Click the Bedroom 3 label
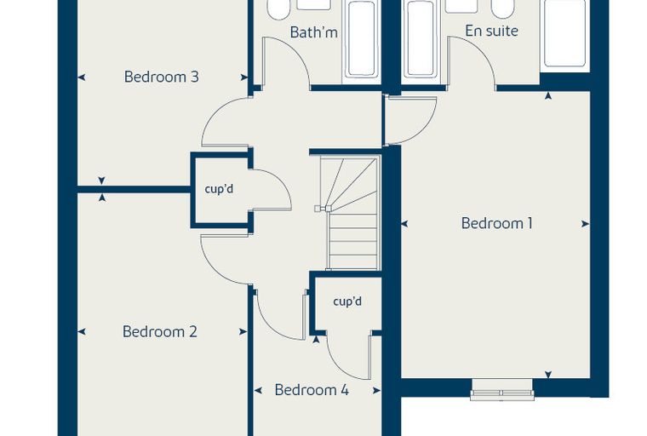point(162,77)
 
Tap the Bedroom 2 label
point(160,331)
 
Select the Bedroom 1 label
point(497,223)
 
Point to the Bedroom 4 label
point(312,390)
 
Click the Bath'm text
point(313,32)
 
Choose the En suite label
point(491,31)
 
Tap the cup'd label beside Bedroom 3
point(219,189)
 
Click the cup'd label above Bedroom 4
point(347,301)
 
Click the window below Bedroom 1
point(502,391)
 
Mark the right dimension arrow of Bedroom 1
point(585,224)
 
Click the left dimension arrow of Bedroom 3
point(82,77)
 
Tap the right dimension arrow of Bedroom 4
point(376,390)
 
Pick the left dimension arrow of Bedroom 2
point(82,331)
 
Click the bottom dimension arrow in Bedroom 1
point(548,375)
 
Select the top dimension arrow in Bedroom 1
point(548,95)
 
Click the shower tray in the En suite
point(565,34)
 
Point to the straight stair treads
point(353,241)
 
